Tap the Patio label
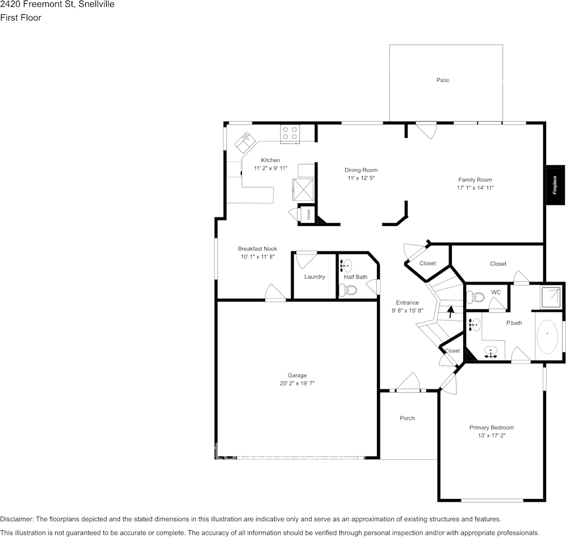coord(443,80)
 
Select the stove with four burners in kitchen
coord(290,133)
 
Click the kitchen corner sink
coord(246,141)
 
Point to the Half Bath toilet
coord(348,290)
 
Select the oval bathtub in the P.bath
coord(547,337)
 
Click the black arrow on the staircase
coord(451,311)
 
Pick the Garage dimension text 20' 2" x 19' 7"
coord(297,383)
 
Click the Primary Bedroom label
coord(491,427)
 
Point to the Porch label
coord(407,418)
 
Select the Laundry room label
coord(315,276)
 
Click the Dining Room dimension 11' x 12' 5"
coord(361,178)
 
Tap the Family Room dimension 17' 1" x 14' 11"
coord(475,188)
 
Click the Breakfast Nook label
coord(257,249)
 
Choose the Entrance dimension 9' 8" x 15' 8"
coord(407,311)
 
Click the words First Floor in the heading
coord(20,18)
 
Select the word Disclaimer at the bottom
coord(17,519)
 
